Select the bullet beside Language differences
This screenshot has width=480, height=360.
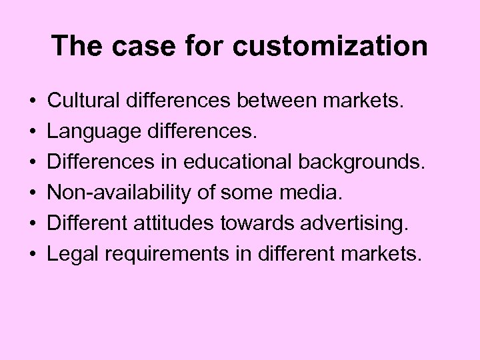pos(32,131)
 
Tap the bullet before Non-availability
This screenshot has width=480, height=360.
pos(32,193)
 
